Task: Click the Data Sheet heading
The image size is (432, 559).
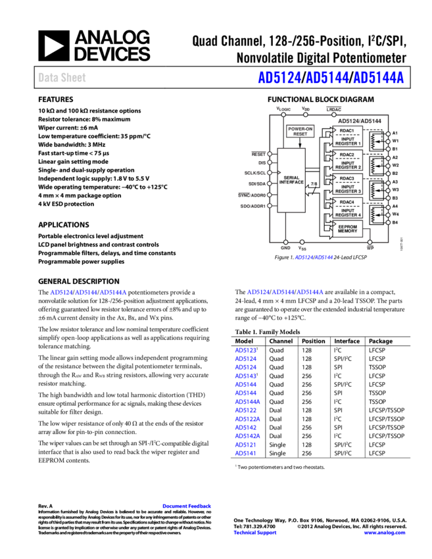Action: point(62,78)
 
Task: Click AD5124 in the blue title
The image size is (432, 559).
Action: point(279,78)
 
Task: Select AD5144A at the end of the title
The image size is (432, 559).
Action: point(378,78)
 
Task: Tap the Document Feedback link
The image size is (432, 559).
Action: point(187,506)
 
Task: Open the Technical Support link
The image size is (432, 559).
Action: point(255,533)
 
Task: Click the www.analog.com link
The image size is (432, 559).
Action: point(385,533)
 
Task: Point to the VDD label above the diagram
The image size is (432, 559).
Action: point(305,108)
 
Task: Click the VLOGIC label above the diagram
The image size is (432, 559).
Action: point(283,108)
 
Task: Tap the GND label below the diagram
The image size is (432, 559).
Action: point(285,249)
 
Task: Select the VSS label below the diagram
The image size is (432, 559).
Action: point(302,249)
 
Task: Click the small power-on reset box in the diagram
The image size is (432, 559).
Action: point(300,131)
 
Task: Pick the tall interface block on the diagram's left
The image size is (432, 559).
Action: point(291,180)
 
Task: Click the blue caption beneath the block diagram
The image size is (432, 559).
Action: point(314,257)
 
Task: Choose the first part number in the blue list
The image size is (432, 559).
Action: point(245,351)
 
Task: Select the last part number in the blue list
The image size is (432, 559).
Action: point(245,453)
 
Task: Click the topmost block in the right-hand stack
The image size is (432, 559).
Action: point(347,137)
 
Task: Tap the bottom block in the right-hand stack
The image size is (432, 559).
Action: point(347,228)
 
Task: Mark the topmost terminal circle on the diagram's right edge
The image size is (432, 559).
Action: point(388,134)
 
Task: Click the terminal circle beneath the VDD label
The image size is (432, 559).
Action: point(306,114)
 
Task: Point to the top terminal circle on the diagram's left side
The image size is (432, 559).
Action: point(270,154)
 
